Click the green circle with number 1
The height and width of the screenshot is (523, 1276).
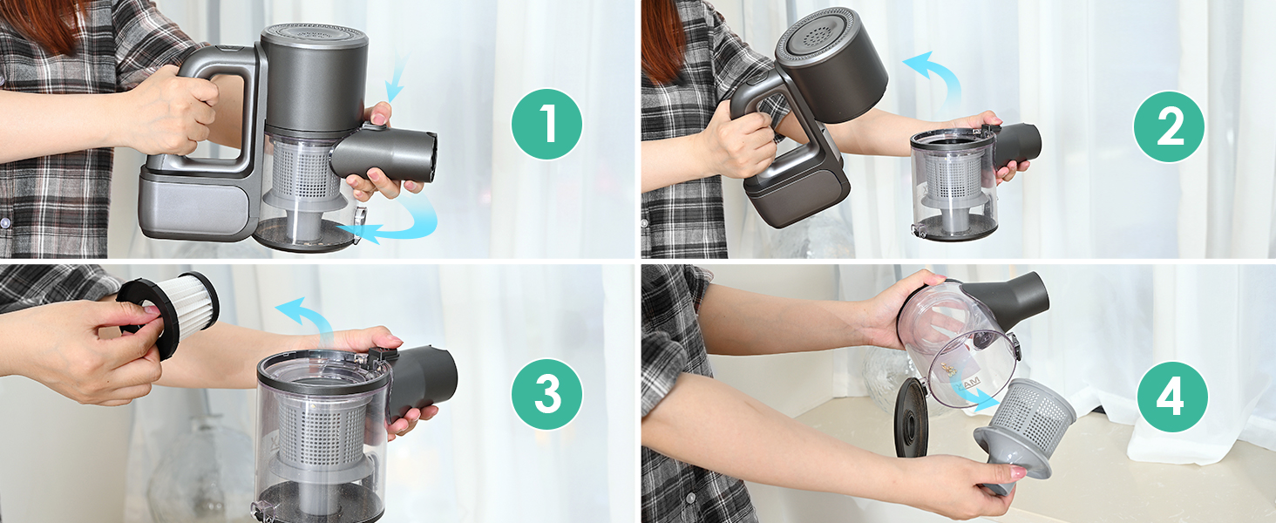pos(546,124)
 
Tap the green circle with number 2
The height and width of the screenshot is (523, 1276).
pos(1169,126)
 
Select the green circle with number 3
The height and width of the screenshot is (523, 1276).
pos(546,394)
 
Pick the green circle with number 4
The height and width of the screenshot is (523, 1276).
pos(1171,397)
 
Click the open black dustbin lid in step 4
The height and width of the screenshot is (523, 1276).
pos(911,418)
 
